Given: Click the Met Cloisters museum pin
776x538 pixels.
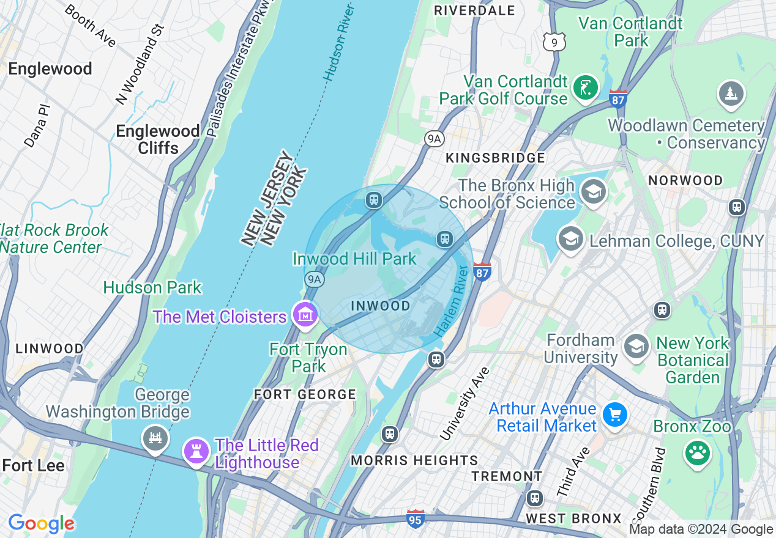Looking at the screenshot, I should coord(305,315).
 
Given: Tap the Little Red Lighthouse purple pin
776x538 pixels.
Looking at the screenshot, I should coord(196,452).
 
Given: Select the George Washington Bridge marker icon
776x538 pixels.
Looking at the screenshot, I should coord(155,438).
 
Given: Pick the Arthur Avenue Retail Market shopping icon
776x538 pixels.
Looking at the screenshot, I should coord(614,416).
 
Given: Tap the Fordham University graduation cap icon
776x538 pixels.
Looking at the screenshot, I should coord(636,347).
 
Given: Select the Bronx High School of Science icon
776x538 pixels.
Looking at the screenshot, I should coord(592,193).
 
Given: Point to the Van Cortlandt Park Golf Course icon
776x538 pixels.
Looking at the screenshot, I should coord(585,89).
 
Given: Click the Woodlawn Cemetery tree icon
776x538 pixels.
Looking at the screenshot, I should coord(731,94).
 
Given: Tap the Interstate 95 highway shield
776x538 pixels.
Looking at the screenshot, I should coord(416,518).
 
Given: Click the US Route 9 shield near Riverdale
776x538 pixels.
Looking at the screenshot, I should coord(554,42).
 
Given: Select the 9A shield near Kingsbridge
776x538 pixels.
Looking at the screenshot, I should coord(434,139).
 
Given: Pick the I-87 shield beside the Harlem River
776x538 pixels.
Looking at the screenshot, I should coord(482,271).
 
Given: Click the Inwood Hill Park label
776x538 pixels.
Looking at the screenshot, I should coord(354,259).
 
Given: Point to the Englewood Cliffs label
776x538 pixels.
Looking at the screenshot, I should coord(158,139).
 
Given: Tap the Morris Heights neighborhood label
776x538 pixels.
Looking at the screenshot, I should coord(414,460).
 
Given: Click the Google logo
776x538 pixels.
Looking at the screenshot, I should coord(41,524).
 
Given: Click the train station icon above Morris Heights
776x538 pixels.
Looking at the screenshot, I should coord(389,434).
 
